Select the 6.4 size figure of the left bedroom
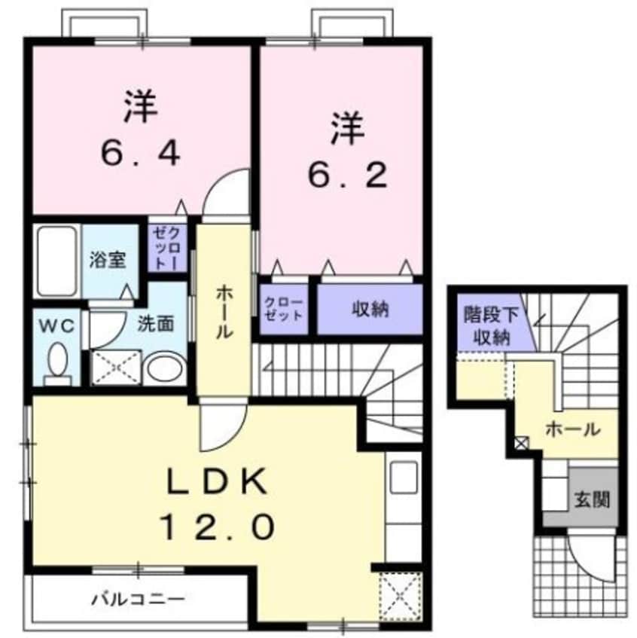pyautogui.click(x=141, y=154)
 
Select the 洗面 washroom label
pyautogui.click(x=156, y=323)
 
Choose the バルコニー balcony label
pyautogui.click(x=138, y=600)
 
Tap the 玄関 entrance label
pyautogui.click(x=593, y=498)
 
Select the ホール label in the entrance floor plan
pyautogui.click(x=572, y=430)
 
